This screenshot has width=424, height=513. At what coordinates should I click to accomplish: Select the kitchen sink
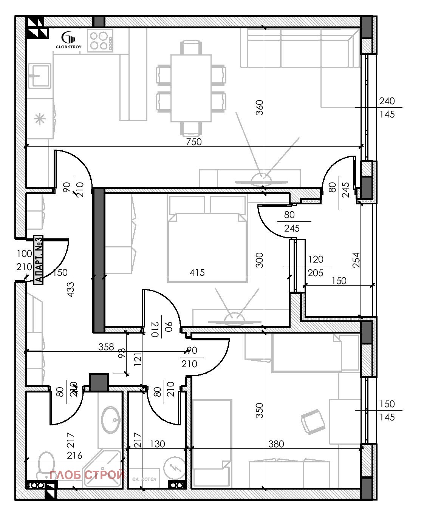click(x=39, y=76)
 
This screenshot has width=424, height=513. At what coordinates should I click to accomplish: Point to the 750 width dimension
click(x=193, y=142)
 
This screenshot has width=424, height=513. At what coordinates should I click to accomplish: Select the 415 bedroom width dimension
click(x=197, y=272)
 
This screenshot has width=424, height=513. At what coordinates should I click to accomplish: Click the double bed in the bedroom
click(x=207, y=247)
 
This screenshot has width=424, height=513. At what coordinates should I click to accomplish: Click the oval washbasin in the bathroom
click(x=110, y=419)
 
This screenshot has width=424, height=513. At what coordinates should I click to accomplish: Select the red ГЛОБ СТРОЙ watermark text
click(x=87, y=475)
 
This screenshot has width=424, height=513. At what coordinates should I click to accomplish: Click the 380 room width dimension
click(x=276, y=444)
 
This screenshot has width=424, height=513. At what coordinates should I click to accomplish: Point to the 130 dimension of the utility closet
click(x=157, y=444)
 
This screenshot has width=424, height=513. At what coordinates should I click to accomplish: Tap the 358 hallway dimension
click(x=106, y=347)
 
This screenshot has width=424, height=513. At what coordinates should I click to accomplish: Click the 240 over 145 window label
click(x=387, y=108)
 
